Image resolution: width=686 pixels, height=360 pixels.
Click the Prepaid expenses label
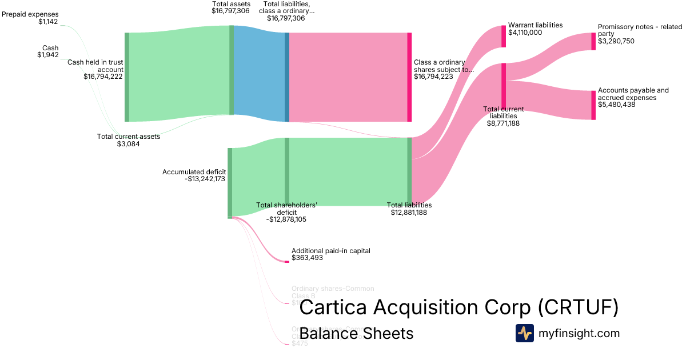30,14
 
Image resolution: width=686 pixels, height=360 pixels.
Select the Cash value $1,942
48,55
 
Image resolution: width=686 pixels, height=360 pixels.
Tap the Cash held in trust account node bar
127,77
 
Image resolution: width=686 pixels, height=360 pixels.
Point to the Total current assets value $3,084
128,144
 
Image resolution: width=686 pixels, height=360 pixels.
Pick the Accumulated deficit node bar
230,183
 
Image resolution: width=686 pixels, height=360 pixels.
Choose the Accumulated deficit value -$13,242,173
205,179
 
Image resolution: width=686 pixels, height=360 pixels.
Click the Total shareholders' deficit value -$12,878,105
286,219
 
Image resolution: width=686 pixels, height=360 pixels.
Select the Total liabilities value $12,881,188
409,213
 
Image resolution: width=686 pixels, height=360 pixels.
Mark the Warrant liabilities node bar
504,36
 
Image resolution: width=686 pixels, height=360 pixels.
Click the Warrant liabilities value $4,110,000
525,33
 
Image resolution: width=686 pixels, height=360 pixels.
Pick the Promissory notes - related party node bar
593,41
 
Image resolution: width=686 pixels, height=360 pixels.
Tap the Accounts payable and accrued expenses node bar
593,105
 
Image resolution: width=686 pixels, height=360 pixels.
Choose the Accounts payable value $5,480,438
616,105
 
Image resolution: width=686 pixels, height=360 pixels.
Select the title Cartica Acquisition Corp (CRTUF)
458,307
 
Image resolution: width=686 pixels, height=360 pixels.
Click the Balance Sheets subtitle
356,333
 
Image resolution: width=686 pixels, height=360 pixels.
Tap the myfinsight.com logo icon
524,333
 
